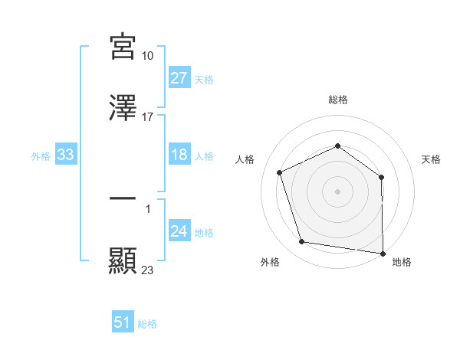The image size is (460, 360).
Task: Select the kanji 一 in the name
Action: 123,198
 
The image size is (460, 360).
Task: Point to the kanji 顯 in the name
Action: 123,261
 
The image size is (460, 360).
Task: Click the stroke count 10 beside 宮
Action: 148,56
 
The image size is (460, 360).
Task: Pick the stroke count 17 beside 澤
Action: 148,117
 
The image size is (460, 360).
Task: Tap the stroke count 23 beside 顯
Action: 148,270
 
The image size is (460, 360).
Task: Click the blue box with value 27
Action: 179,77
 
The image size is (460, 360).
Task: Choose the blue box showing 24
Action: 179,231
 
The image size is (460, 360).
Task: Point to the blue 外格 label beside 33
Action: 41,156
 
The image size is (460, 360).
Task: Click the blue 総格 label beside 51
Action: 147,324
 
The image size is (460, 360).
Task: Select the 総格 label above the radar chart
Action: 338,100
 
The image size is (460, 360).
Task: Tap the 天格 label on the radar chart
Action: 432,159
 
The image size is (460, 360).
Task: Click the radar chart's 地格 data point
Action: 383,253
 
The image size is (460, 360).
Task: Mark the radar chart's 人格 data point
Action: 280,172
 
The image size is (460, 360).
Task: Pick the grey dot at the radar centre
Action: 338,191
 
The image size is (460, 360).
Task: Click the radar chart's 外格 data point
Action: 302,242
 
